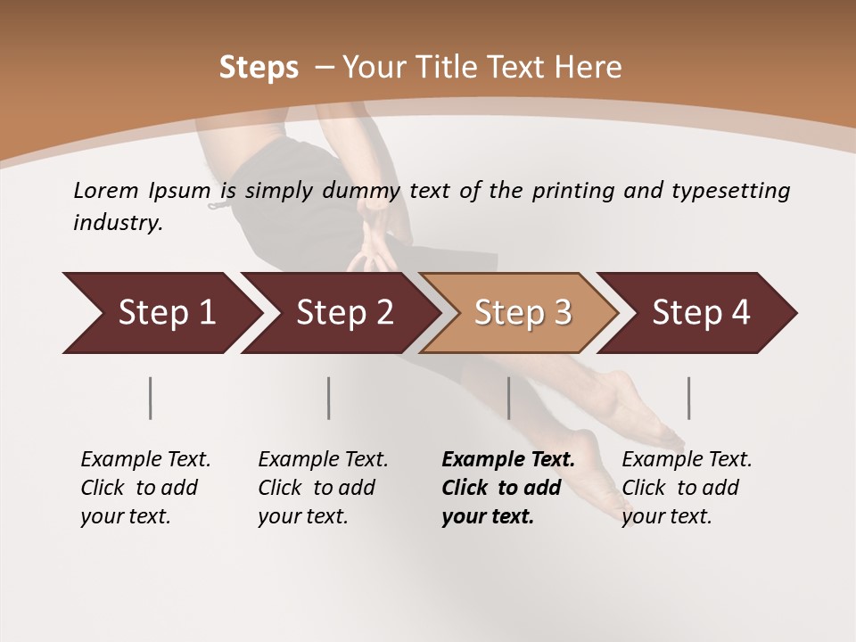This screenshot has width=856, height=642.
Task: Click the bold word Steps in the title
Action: [259, 68]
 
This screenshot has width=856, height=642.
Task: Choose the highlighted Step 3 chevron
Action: [523, 313]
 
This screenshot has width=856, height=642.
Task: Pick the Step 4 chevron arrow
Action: [701, 313]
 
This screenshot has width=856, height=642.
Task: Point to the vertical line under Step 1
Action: [150, 398]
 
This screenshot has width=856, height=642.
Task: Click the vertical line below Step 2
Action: [329, 398]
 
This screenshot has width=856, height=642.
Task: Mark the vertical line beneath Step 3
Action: [509, 398]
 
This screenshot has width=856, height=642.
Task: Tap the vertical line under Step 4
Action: [689, 398]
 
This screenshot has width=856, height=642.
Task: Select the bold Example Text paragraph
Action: [507, 488]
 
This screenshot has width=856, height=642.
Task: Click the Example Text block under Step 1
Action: [145, 488]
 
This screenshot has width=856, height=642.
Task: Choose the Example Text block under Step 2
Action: [323, 488]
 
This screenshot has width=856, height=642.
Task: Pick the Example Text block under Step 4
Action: [687, 488]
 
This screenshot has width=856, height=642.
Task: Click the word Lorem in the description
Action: [106, 190]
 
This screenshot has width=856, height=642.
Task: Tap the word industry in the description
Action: [118, 222]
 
